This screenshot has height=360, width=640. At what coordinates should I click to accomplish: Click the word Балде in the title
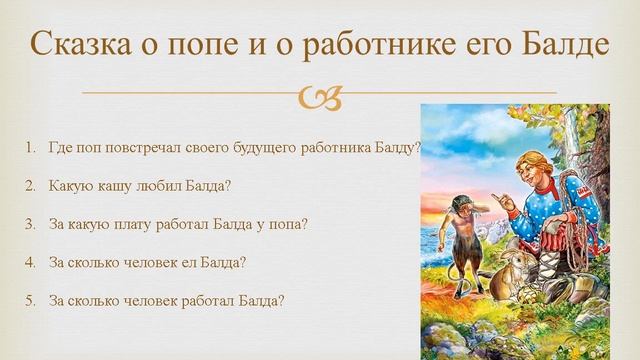[x=561, y=45]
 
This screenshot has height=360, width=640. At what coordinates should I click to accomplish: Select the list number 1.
[x=30, y=147]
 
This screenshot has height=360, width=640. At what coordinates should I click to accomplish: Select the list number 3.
[x=30, y=223]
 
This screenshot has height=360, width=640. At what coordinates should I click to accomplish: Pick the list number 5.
[x=30, y=299]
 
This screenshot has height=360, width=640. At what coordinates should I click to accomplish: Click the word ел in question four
[x=184, y=261]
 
